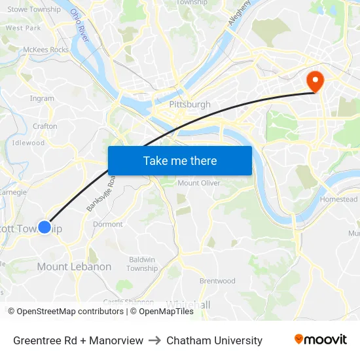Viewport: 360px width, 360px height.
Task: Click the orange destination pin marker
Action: coord(315,81)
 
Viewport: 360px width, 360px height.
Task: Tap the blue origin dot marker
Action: coord(45,227)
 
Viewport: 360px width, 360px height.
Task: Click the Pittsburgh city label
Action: coord(190,105)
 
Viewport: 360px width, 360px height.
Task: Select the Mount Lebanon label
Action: coord(74,267)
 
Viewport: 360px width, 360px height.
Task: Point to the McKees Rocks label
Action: coord(45,50)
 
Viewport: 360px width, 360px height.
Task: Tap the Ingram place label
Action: coord(42,99)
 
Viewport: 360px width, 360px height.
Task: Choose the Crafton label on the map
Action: coord(45,126)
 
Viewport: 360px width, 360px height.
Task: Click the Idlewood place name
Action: coord(28,143)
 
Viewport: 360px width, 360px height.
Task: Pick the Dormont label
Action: coord(108,225)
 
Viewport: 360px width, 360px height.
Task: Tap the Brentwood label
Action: coord(217,281)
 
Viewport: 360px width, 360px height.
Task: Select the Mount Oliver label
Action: coord(198,183)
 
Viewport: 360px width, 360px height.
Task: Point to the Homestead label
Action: coord(338,200)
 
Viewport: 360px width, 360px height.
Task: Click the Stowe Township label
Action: coord(34,10)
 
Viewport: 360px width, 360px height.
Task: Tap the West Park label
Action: coord(23,28)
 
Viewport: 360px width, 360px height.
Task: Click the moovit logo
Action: coord(320,340)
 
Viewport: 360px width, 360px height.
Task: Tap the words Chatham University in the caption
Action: coord(214,340)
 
